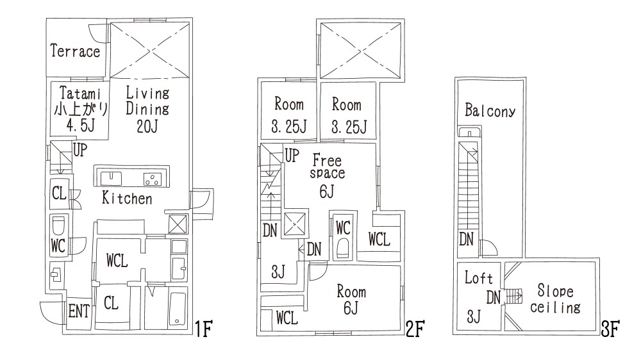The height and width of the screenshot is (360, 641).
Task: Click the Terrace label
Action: [x=75, y=51]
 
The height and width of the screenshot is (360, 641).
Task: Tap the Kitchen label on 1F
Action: [x=127, y=198]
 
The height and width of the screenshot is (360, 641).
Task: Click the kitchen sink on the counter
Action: [x=110, y=179]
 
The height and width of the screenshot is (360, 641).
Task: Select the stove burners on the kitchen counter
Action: [x=152, y=179]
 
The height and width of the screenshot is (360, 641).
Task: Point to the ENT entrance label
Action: [x=78, y=312]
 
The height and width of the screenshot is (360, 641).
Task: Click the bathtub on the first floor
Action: [x=178, y=309]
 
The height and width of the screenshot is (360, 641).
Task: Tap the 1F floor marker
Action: [x=203, y=329]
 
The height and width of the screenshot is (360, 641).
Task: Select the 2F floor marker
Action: [x=415, y=329]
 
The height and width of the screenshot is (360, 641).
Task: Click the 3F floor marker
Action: [x=610, y=329]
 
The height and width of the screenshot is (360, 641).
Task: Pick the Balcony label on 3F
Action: [x=490, y=110]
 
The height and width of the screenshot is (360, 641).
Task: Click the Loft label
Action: [x=478, y=278]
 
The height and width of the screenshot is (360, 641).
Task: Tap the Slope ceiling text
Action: [x=555, y=299]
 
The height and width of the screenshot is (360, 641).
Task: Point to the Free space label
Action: [x=327, y=167]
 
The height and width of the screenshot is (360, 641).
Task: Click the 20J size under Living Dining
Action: [x=147, y=126]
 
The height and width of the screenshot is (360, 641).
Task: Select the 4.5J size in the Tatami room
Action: [x=80, y=126]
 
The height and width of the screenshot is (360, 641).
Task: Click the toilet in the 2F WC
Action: [x=342, y=248]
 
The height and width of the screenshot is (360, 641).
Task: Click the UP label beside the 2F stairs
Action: [x=292, y=156]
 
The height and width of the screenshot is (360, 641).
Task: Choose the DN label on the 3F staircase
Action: [x=466, y=240]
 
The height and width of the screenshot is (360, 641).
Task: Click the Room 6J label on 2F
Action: [x=351, y=300]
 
